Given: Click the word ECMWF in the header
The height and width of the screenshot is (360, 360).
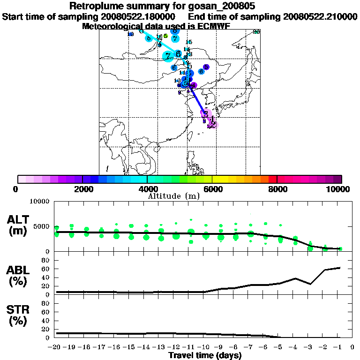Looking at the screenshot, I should coord(212,26).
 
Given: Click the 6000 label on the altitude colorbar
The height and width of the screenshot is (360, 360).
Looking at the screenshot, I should coord(212,189).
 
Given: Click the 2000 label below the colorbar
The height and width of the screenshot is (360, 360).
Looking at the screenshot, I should coord(82,189).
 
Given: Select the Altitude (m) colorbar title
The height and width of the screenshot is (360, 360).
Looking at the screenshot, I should coord(173,196).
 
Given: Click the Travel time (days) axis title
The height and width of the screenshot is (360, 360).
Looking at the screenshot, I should coord(205,356).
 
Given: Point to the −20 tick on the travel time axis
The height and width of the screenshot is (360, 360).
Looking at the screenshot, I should coord(55,347).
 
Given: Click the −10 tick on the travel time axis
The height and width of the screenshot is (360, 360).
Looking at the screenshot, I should coord(205,347).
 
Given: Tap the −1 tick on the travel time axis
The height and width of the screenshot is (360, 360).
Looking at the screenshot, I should coord(340,347).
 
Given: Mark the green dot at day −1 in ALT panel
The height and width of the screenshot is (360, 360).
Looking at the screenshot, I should coord(340,249).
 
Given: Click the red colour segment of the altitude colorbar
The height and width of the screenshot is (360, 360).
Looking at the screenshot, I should coord(272,179).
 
